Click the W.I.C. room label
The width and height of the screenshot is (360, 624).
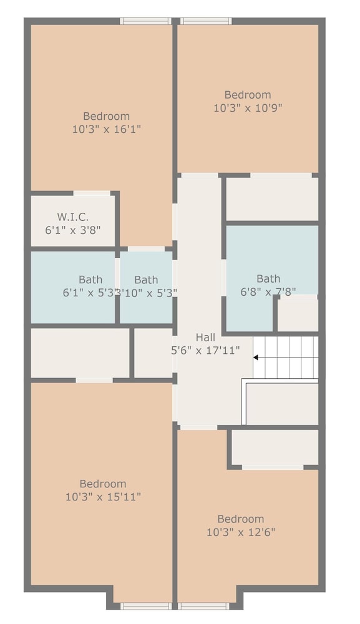[73, 217]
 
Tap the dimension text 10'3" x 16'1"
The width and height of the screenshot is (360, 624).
[107, 129]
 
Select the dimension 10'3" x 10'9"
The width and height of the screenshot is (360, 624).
[248, 108]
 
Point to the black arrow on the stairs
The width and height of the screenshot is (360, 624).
[256, 358]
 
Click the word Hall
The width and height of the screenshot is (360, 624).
[205, 338]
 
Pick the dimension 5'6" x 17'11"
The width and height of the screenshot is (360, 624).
[205, 350]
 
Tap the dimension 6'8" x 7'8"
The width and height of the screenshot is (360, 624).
[268, 291]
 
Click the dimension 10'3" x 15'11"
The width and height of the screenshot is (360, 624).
[103, 497]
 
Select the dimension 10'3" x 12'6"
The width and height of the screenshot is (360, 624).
[241, 532]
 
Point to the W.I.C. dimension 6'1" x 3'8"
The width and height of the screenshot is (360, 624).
[73, 230]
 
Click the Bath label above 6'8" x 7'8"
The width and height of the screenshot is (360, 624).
[268, 278]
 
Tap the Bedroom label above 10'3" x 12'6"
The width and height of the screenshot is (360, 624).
[241, 519]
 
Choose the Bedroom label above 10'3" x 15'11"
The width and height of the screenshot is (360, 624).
[103, 484]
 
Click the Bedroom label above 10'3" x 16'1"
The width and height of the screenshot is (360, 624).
[107, 116]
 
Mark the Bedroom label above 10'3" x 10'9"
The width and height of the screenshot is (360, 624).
[248, 95]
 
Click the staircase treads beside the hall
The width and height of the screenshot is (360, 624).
[286, 358]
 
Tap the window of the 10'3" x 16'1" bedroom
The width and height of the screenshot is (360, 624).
[146, 21]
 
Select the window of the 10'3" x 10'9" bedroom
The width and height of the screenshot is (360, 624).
[206, 21]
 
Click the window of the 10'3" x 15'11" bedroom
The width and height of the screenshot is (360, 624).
[146, 606]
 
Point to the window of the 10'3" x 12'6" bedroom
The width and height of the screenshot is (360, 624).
[203, 606]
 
